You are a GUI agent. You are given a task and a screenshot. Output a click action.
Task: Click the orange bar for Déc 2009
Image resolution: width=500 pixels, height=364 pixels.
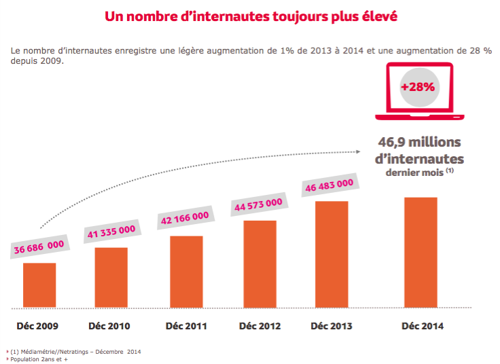pyautogui.click(x=39, y=285)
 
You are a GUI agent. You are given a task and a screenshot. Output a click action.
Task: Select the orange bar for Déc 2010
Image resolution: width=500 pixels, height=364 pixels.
pyautogui.click(x=111, y=277)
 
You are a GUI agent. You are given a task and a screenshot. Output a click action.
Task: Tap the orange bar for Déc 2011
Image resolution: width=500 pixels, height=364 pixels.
pyautogui.click(x=186, y=271)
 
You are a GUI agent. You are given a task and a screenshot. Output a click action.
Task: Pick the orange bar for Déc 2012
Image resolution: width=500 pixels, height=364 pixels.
pyautogui.click(x=260, y=263)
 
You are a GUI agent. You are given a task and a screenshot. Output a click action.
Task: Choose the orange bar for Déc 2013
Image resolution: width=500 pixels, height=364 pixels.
pyautogui.click(x=332, y=253)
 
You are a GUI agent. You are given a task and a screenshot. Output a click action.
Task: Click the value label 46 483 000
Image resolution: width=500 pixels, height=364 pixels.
pyautogui.click(x=329, y=184)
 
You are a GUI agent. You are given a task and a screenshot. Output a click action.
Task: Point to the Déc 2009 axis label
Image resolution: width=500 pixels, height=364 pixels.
pyautogui.click(x=39, y=326)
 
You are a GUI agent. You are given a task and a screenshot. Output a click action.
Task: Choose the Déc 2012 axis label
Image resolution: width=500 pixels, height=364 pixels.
pyautogui.click(x=260, y=326)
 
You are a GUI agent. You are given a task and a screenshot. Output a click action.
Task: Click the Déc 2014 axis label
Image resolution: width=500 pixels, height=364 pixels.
pyautogui.click(x=422, y=326)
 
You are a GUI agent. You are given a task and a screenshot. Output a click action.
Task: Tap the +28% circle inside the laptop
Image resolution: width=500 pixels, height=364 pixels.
pyautogui.click(x=418, y=88)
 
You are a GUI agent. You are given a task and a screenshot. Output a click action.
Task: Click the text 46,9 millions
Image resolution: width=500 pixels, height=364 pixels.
pyautogui.click(x=419, y=143)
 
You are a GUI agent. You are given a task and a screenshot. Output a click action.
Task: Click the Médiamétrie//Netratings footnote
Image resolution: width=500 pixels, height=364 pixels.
pyautogui.click(x=75, y=351)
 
